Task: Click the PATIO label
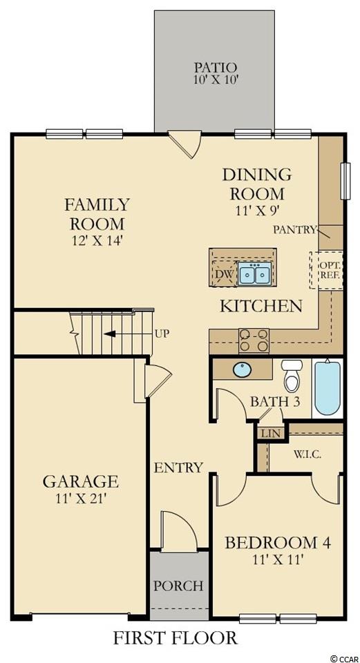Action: tap(214, 67)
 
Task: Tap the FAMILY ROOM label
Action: tap(97, 213)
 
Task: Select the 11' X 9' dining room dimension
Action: tap(257, 209)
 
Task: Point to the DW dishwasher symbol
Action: tap(224, 273)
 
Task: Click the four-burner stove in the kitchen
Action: tap(254, 340)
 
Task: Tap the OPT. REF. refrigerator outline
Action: tap(326, 270)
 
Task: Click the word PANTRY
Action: tap(295, 230)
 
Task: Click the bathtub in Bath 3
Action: tap(328, 387)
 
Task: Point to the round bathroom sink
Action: tap(243, 370)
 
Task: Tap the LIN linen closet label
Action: tap(269, 434)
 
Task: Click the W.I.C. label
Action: tap(307, 454)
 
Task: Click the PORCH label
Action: tap(178, 586)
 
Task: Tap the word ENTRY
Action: tap(178, 468)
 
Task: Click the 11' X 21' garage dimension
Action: tap(80, 499)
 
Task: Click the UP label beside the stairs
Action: tap(162, 334)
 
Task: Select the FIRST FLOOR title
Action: tap(175, 637)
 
